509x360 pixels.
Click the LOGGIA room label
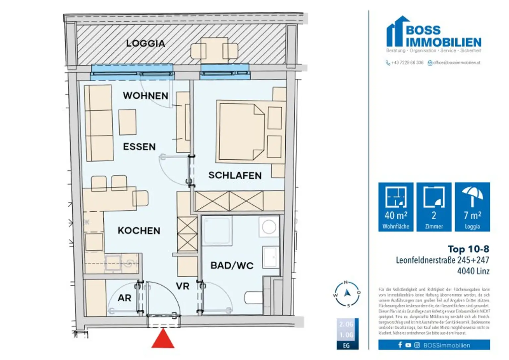pyautogui.click(x=145, y=43)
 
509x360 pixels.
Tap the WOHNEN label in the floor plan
pyautogui.click(x=145, y=96)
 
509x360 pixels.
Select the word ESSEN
pyautogui.click(x=139, y=147)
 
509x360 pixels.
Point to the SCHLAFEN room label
pyautogui.click(x=235, y=175)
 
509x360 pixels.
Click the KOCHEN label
pyautogui.click(x=139, y=231)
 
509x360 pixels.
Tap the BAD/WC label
pyautogui.click(x=232, y=265)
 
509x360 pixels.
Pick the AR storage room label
pyautogui.click(x=125, y=298)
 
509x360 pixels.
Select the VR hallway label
pyautogui.click(x=183, y=286)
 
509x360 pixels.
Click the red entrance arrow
pyautogui.click(x=163, y=339)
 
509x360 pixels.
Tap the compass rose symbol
pyautogui.click(x=347, y=294)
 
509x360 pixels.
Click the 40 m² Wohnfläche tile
pyautogui.click(x=396, y=207)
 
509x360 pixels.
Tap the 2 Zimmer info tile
pyautogui.click(x=434, y=207)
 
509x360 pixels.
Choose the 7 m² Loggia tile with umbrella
pyautogui.click(x=472, y=207)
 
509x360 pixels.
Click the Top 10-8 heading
pyautogui.click(x=468, y=249)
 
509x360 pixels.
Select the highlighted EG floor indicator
pyautogui.click(x=347, y=345)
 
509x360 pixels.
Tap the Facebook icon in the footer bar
pyautogui.click(x=400, y=345)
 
